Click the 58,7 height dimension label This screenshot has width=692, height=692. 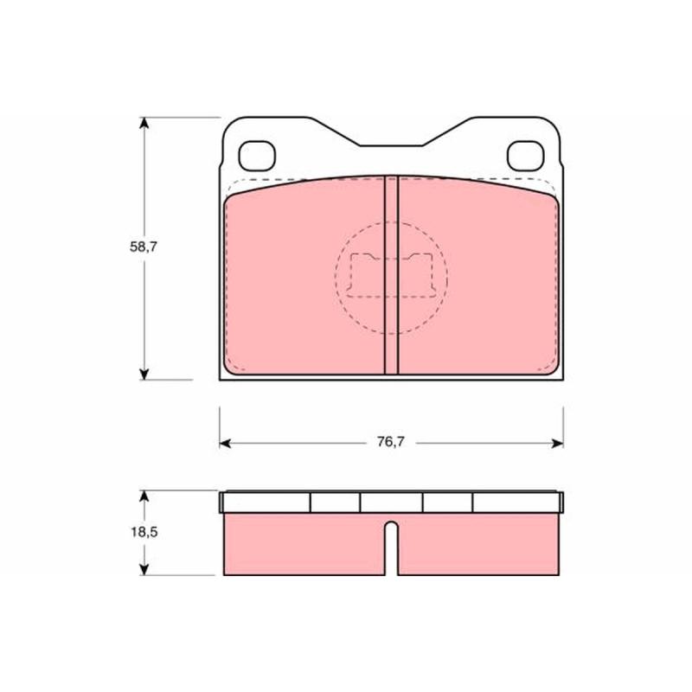[144, 247]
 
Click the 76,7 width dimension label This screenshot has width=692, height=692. [391, 442]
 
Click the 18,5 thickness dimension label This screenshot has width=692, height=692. [144, 532]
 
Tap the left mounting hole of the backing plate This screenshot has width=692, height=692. [257, 156]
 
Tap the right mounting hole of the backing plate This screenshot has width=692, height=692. [526, 156]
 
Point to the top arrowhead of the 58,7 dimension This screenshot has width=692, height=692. [144, 123]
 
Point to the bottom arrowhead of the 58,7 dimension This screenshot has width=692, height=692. [144, 375]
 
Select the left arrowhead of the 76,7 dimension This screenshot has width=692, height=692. [225, 444]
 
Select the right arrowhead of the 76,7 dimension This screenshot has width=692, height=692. [557, 444]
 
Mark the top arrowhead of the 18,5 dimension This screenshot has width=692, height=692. [144, 497]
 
